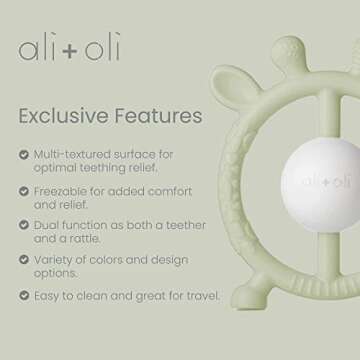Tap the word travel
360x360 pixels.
[186, 295]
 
